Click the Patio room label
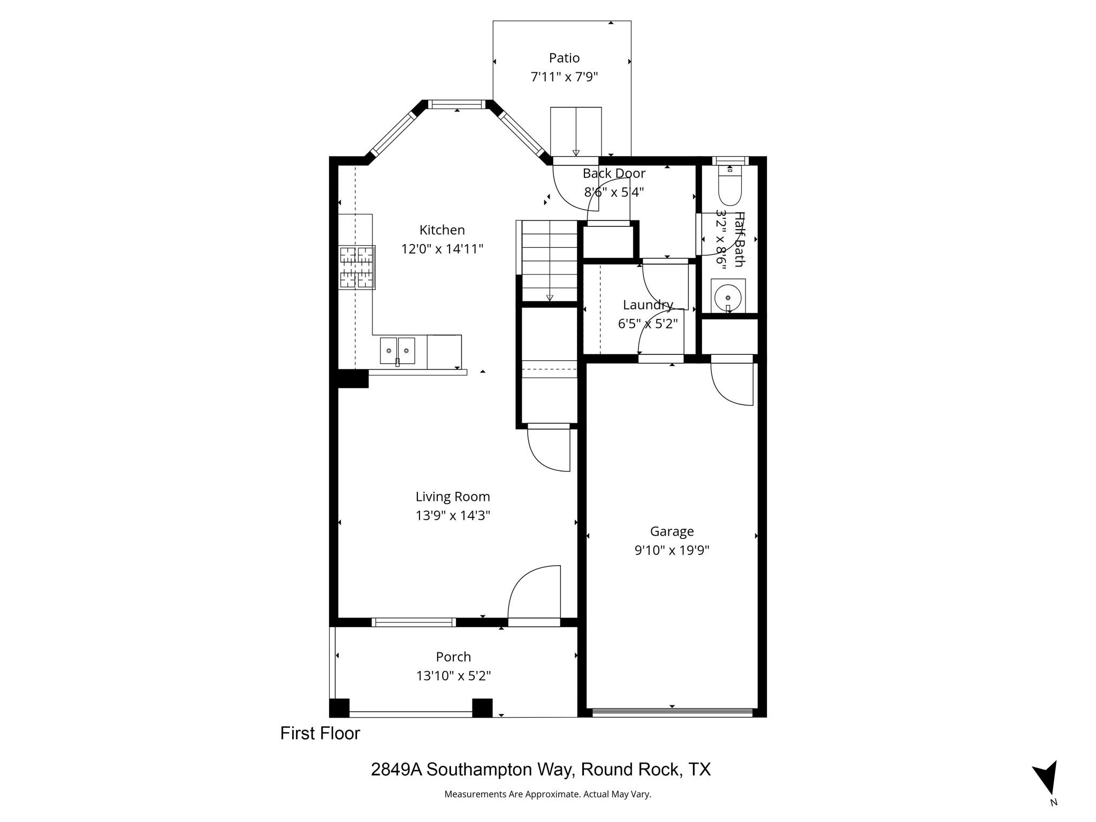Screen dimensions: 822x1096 coord(564,58)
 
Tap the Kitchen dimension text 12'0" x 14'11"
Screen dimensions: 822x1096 coord(442,249)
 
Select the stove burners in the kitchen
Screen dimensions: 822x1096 coord(357,268)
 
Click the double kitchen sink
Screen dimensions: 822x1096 coord(397,351)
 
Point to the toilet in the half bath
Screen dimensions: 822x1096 coord(729,187)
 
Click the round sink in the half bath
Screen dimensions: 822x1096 coord(728,296)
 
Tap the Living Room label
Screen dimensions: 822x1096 coord(453,497)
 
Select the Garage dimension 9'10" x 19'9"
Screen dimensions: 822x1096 coord(672,551)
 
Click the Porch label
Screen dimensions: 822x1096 coord(453,657)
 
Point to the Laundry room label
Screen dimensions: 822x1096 coord(648,305)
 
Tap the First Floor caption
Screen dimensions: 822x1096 coord(320,733)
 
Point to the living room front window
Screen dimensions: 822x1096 coord(414,622)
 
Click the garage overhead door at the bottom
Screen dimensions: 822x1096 coord(672,712)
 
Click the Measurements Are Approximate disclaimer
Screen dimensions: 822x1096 coord(547,794)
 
